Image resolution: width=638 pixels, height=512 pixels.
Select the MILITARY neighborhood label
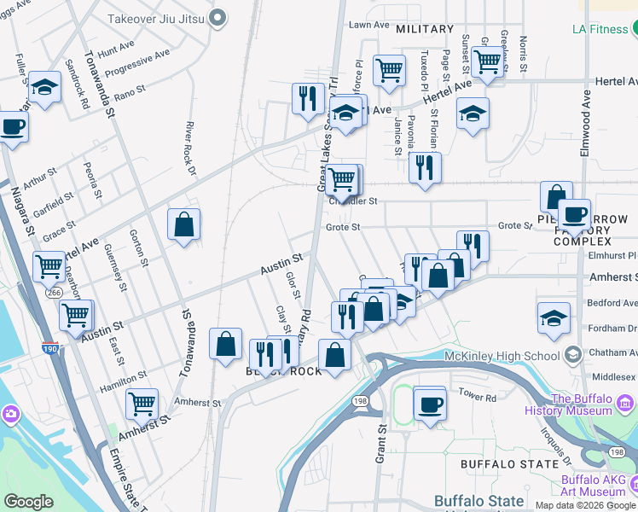tap(425, 29)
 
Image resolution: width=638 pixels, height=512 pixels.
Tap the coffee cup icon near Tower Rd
tap(431, 404)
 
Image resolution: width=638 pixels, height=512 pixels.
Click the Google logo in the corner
tap(29, 502)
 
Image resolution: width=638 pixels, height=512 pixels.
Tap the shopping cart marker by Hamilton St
tap(142, 403)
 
